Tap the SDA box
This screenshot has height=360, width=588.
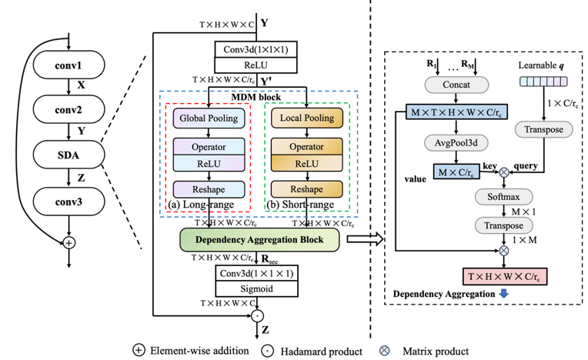point(69,157)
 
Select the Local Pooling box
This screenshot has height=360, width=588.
point(306,118)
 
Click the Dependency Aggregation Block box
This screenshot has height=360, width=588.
point(259,240)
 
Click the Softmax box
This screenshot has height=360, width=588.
point(504,196)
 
